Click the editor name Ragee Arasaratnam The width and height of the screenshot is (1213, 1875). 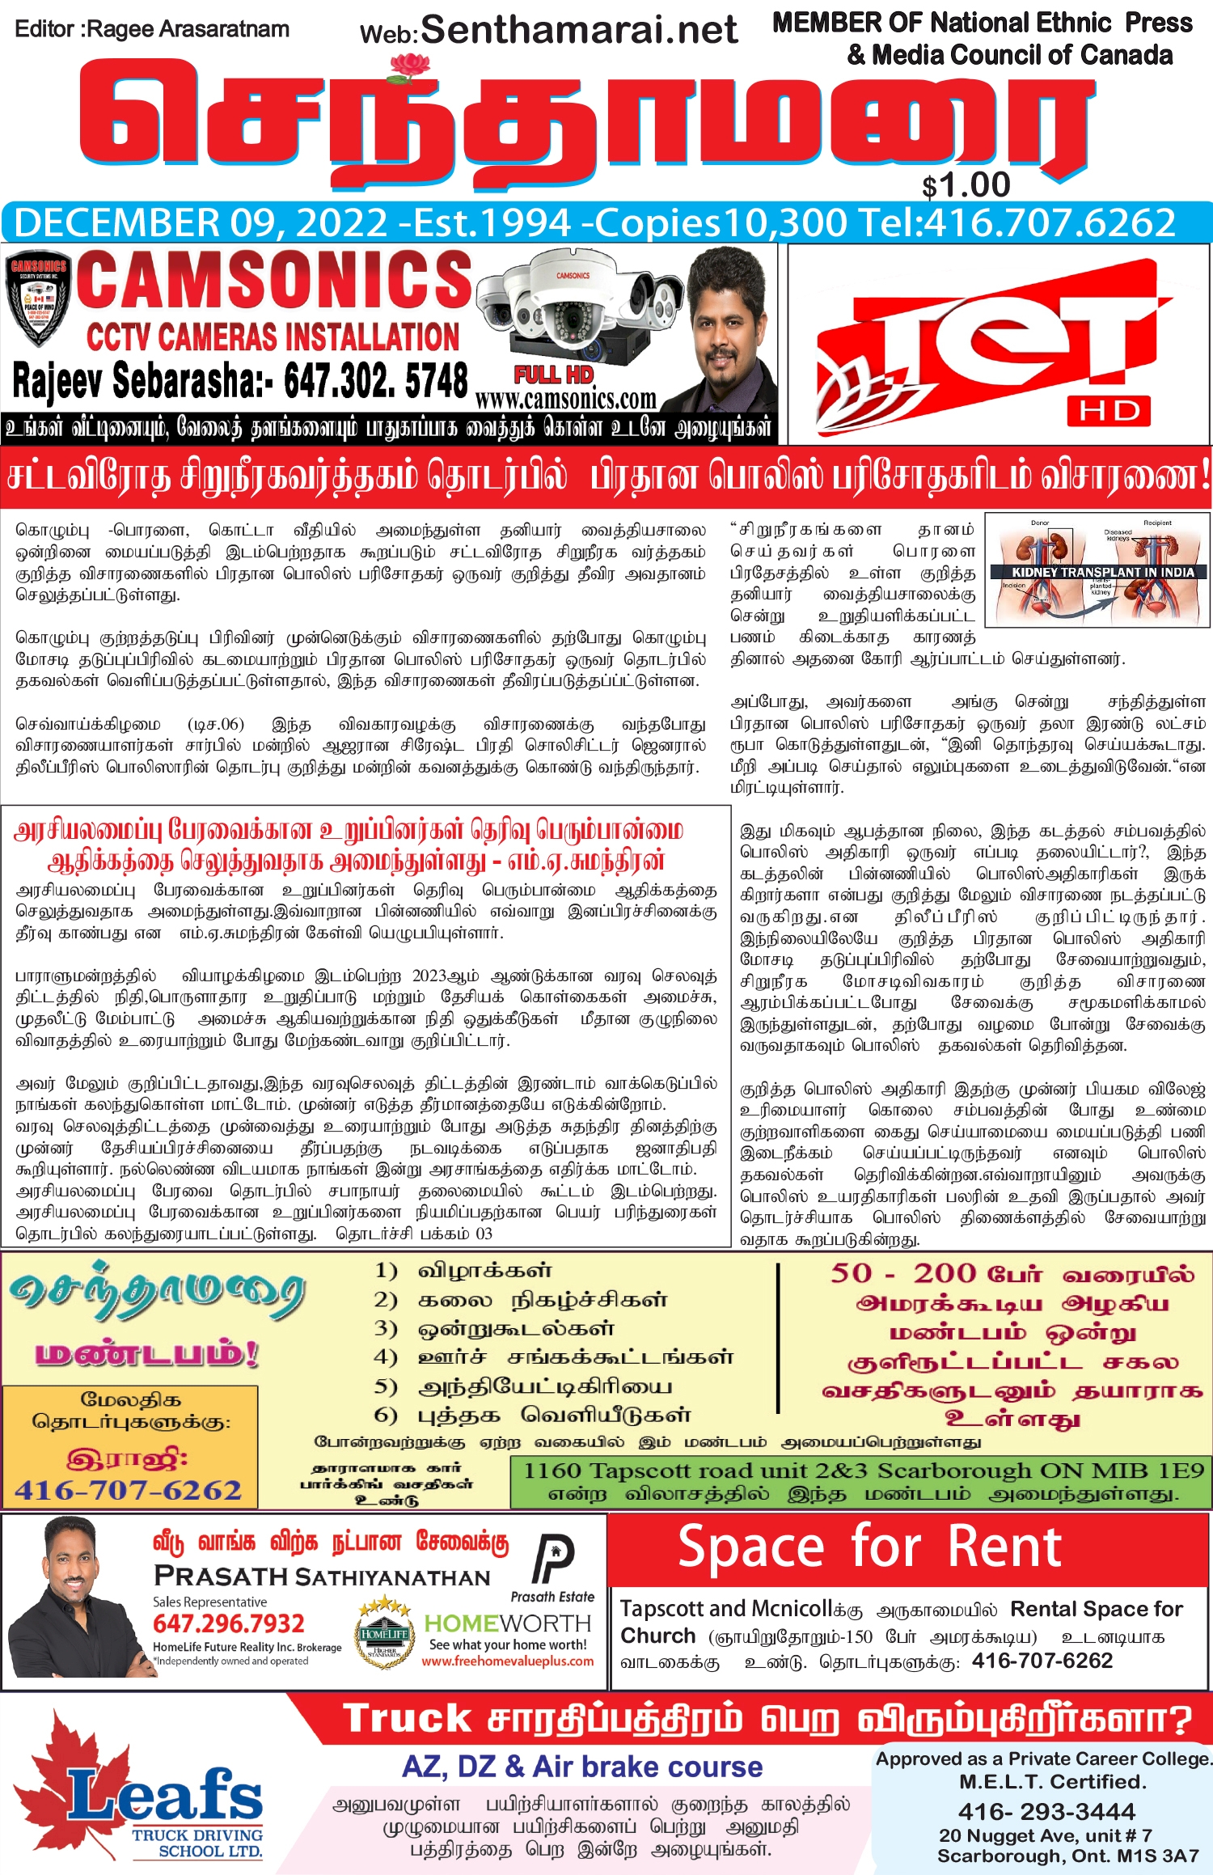click(188, 29)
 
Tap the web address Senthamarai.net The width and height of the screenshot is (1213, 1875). click(578, 30)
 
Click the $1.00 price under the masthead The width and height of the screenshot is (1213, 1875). click(966, 185)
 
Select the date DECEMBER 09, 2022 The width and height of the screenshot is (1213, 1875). click(201, 223)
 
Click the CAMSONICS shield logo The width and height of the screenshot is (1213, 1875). click(38, 297)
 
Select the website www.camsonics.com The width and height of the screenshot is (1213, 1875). click(565, 400)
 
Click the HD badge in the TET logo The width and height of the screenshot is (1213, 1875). click(1109, 411)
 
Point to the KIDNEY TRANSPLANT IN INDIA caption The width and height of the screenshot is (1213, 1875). click(1102, 572)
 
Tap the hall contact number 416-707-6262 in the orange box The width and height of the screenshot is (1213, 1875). click(129, 1490)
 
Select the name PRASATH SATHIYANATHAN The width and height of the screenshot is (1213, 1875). click(322, 1577)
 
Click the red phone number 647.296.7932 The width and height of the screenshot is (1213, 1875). click(228, 1623)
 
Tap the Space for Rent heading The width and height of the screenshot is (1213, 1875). click(869, 1547)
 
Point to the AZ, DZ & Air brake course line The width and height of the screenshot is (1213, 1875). click(582, 1767)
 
